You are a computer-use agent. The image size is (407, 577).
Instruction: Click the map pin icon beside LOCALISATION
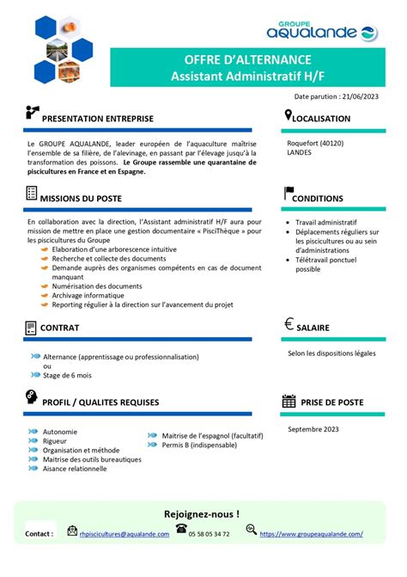click(x=289, y=116)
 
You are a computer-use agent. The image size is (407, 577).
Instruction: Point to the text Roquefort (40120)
click(x=315, y=142)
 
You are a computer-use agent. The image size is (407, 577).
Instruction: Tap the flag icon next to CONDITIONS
click(x=289, y=195)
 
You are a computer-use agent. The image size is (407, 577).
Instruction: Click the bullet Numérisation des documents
click(x=97, y=286)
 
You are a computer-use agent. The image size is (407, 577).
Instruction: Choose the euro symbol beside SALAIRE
click(x=289, y=325)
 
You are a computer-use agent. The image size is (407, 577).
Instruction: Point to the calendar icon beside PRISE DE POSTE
click(x=289, y=402)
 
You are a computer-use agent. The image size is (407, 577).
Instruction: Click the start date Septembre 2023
click(x=314, y=427)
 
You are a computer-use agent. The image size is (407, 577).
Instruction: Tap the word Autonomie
click(x=59, y=432)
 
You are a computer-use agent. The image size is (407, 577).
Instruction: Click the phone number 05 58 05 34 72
click(x=209, y=534)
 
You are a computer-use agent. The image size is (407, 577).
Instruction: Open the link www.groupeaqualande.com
click(x=311, y=534)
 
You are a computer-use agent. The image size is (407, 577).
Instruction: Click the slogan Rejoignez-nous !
click(x=203, y=514)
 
